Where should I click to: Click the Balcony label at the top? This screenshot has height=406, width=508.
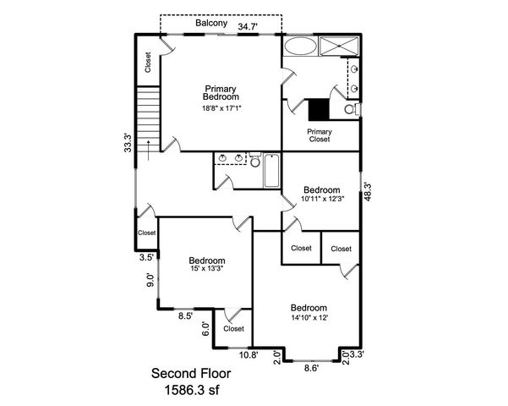[x=210, y=24]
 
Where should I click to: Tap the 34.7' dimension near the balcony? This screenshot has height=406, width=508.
[x=249, y=27]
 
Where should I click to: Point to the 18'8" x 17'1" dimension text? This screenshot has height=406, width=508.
[x=222, y=108]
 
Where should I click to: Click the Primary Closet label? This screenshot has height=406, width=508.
[x=319, y=135]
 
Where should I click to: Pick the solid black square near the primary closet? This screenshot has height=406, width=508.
[x=319, y=109]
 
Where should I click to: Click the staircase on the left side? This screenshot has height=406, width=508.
[x=148, y=118]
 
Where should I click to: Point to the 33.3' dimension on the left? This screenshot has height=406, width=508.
[x=128, y=142]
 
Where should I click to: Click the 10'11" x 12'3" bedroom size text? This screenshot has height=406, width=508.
[x=321, y=200]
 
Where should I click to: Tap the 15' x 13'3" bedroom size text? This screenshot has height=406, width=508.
[x=206, y=271]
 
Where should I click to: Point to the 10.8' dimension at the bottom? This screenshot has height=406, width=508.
[x=249, y=355]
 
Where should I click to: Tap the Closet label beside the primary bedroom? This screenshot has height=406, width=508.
[x=148, y=62]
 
